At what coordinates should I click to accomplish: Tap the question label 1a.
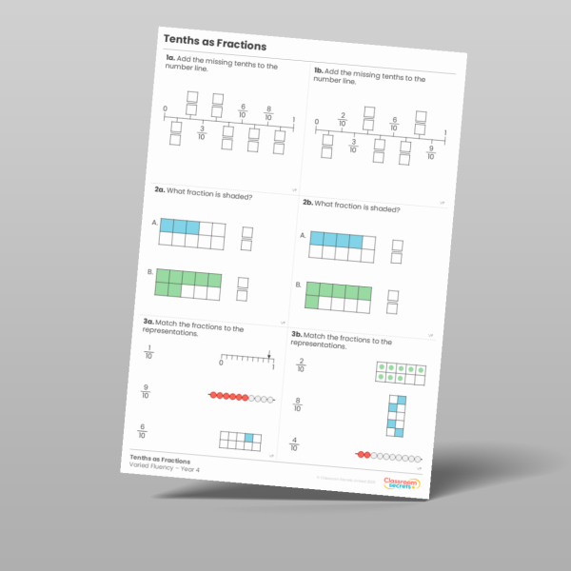click(170, 59)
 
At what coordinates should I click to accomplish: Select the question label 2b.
click(307, 203)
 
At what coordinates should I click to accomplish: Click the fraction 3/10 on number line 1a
click(202, 132)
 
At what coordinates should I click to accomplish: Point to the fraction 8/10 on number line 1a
click(268, 112)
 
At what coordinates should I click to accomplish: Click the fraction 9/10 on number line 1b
click(431, 150)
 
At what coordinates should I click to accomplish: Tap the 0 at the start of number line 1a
click(165, 108)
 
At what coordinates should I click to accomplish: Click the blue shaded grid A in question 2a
click(191, 232)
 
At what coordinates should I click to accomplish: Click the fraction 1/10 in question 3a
click(148, 353)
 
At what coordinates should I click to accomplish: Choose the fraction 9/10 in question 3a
click(145, 390)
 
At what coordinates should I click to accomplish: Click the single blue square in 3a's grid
click(249, 439)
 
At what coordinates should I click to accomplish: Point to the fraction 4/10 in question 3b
click(293, 443)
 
